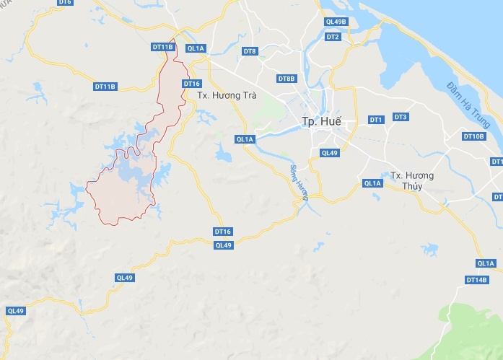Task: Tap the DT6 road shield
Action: [x=65, y=3]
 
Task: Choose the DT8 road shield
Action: [x=250, y=51]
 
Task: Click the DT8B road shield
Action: [x=287, y=79]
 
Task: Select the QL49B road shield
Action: [x=336, y=22]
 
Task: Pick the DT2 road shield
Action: [x=332, y=36]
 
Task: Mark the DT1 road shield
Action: [x=375, y=119]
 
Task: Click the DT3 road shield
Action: [x=401, y=117]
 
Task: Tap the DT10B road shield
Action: [x=473, y=136]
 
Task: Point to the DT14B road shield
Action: [x=477, y=279]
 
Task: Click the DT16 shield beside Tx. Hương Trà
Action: [x=191, y=84]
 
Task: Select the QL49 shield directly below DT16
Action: [x=223, y=245]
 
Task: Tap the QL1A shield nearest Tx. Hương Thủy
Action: [x=372, y=183]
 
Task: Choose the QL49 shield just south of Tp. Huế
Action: [x=330, y=152]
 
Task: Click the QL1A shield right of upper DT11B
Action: [x=196, y=48]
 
